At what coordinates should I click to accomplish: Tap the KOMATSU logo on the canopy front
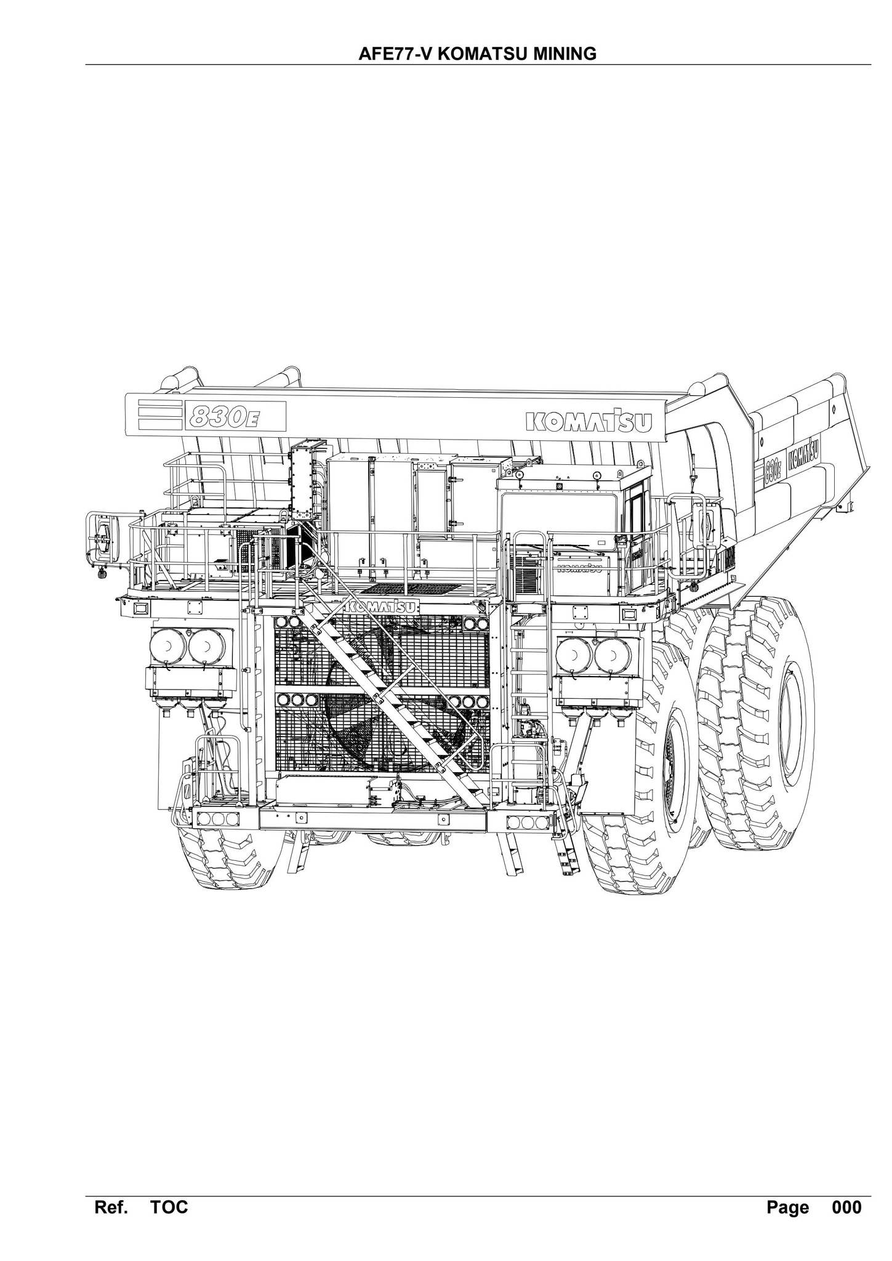(x=589, y=422)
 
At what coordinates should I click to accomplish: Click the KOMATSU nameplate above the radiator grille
(x=381, y=606)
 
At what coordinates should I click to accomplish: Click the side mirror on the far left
(x=104, y=536)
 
